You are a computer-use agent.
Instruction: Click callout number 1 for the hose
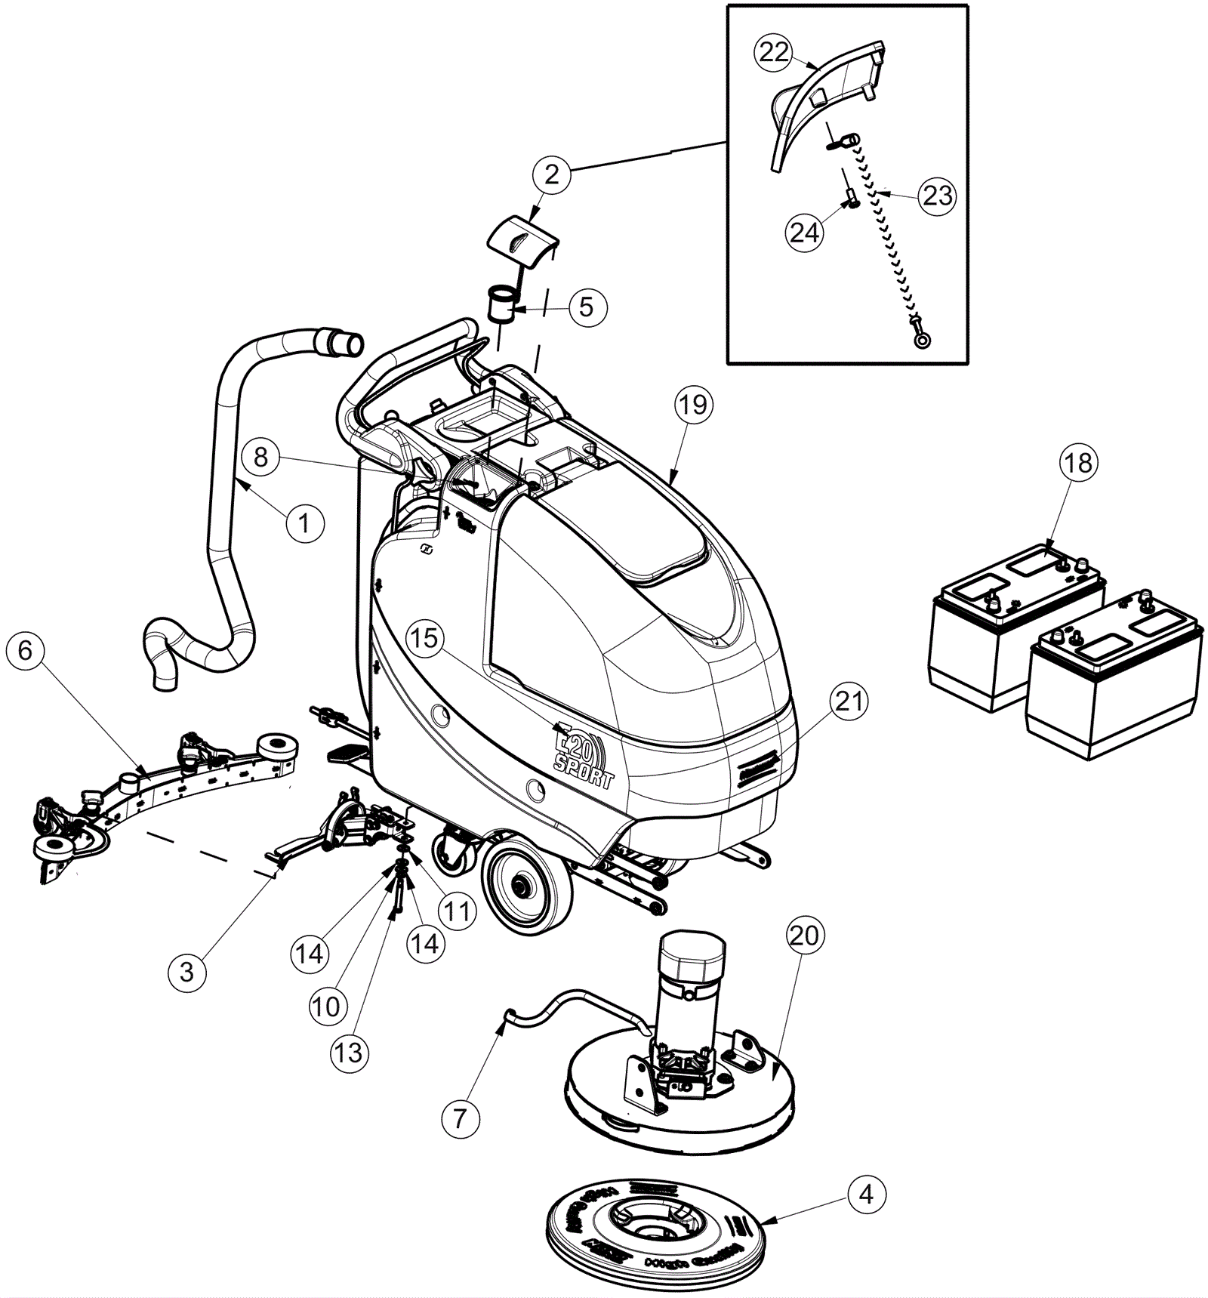pos(304,523)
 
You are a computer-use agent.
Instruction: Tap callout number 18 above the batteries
pos(1078,462)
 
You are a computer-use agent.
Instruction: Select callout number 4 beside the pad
pos(866,1194)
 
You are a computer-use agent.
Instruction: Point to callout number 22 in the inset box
pos(774,52)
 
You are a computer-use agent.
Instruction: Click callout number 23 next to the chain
pos(938,196)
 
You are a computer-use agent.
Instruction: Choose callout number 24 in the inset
pos(804,232)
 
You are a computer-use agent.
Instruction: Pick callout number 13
pos(349,1053)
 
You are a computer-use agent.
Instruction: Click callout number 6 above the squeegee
pos(26,650)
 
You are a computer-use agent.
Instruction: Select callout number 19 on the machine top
pos(693,405)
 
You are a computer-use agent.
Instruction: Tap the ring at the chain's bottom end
pos(922,340)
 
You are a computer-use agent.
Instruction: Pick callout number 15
pos(424,637)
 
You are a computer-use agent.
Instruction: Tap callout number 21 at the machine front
pos(849,701)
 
